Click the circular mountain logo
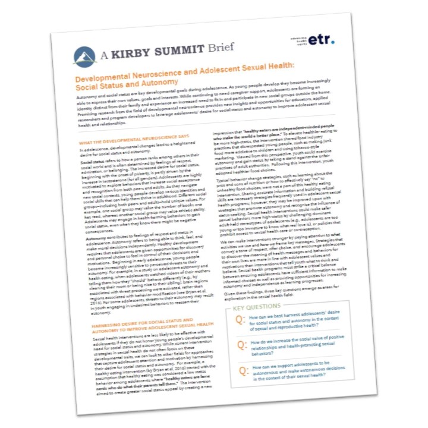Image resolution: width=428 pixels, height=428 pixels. click(x=85, y=56)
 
